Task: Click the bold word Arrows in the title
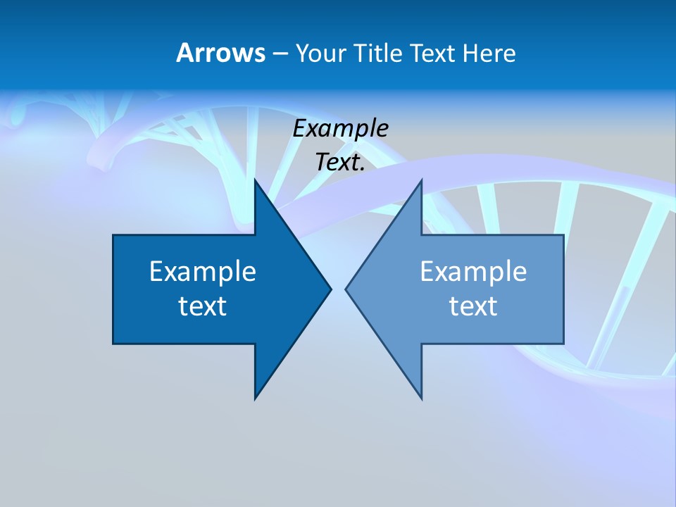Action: coord(220,53)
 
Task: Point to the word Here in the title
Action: coord(489,54)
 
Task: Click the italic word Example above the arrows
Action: coord(341,128)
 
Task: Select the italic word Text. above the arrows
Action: coord(341,162)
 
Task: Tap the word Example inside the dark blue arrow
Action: coord(203,271)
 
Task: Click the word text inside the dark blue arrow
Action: coord(203,306)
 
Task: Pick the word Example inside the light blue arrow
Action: coord(473,271)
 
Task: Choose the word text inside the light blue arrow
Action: coord(473,306)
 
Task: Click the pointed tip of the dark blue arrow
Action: coord(330,289)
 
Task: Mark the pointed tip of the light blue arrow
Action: coord(346,289)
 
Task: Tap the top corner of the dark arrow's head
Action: coord(256,180)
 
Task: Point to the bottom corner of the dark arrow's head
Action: coord(256,399)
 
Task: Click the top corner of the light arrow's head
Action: coord(421,180)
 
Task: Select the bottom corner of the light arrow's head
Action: coord(421,399)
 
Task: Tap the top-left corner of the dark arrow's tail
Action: coord(113,235)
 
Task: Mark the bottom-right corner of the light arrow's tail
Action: coord(563,343)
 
